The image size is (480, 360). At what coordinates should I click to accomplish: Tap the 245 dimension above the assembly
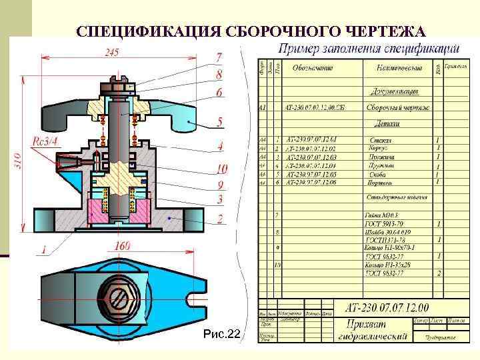(112, 53)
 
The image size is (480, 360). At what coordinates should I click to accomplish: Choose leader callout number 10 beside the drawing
(221, 168)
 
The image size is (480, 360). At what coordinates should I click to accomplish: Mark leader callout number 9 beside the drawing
(219, 184)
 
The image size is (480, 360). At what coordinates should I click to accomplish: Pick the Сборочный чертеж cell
(398, 107)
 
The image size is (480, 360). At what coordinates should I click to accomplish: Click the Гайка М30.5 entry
(383, 216)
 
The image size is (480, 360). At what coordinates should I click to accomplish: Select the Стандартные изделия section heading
(396, 198)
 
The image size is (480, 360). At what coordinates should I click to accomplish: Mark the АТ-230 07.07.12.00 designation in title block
(387, 307)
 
